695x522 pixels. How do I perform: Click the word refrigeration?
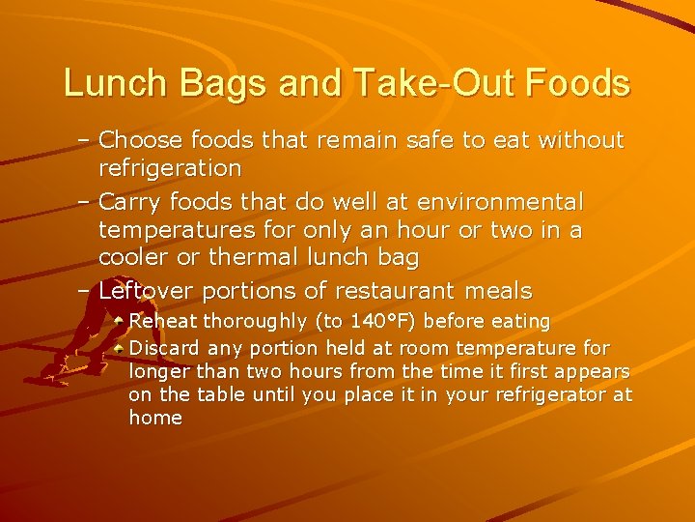(x=170, y=168)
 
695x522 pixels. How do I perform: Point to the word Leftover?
(x=147, y=290)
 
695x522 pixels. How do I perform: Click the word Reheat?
(x=163, y=321)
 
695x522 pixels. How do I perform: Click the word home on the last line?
(x=155, y=418)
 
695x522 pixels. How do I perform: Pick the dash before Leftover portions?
(x=83, y=290)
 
